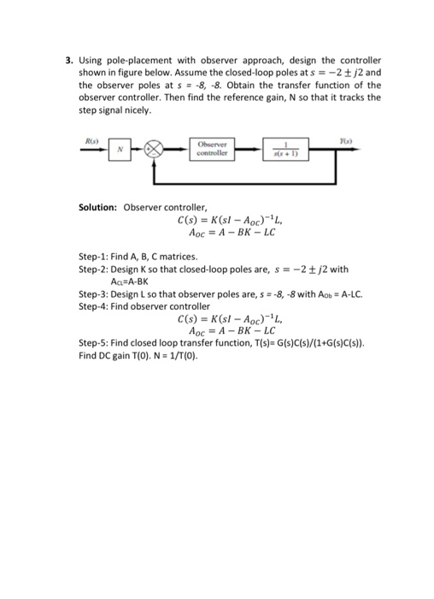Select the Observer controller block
tap(209, 148)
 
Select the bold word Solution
tap(97, 207)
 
